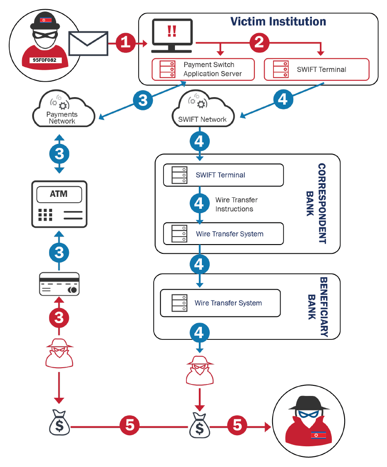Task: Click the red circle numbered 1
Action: (x=126, y=42)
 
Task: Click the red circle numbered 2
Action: (x=260, y=42)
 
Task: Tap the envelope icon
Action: (x=88, y=43)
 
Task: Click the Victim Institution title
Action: (x=278, y=21)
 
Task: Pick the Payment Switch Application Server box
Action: (x=203, y=69)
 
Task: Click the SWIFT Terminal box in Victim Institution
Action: (x=316, y=69)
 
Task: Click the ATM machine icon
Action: (x=59, y=204)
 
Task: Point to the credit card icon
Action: (x=59, y=284)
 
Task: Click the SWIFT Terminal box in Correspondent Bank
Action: (x=223, y=175)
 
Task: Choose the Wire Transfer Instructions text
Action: (x=236, y=204)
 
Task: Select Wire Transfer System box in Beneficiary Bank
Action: (x=220, y=303)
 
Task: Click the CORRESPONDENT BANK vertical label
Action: (x=317, y=203)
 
